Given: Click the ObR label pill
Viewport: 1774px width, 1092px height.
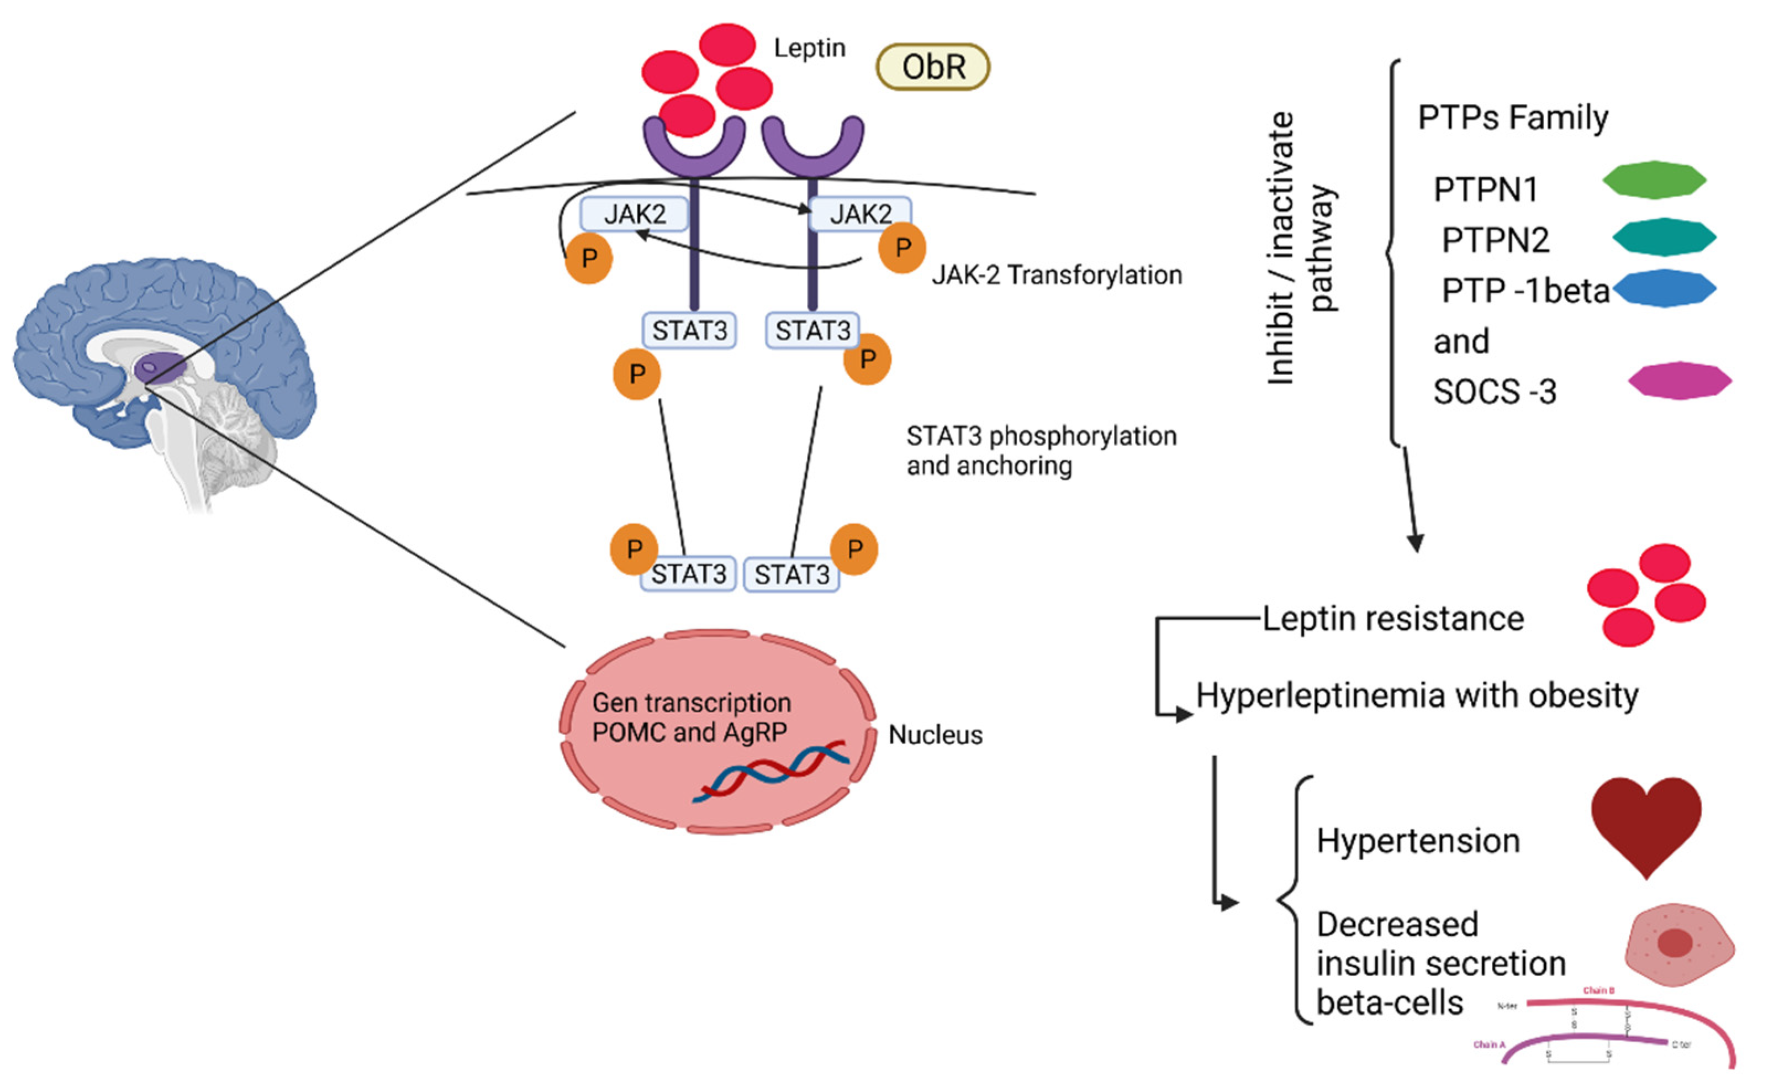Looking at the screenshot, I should pos(932,66).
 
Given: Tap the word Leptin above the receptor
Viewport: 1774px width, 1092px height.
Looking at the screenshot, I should pos(809,49).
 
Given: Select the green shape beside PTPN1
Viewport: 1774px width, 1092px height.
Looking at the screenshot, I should pos(1654,180).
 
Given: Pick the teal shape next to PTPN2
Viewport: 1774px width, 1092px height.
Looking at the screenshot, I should pos(1664,237).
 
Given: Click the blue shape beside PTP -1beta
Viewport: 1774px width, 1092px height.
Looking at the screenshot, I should pos(1664,288).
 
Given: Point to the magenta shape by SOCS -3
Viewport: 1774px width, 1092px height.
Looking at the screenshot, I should pos(1680,381).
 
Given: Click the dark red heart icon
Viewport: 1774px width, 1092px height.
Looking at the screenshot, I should pos(1646,824).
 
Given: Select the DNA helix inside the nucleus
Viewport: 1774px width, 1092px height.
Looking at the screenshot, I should pos(770,771).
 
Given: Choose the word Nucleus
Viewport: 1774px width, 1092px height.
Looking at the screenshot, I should pos(935,735).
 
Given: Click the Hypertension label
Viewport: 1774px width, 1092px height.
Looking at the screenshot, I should pos(1418,841).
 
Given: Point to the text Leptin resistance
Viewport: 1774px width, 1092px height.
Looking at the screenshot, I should pos(1393,619).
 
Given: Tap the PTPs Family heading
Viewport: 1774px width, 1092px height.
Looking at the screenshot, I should pos(1513,118).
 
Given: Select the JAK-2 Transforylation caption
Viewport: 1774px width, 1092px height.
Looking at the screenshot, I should pos(1057,275).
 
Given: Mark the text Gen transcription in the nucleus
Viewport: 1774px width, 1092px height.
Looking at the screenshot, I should pos(691,703).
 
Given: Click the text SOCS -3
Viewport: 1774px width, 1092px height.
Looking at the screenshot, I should pos(1495,392).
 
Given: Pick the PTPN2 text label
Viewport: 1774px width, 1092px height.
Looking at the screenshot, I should pos(1495,240).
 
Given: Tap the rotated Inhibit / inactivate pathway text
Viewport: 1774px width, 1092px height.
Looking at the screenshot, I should pos(1302,247).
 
